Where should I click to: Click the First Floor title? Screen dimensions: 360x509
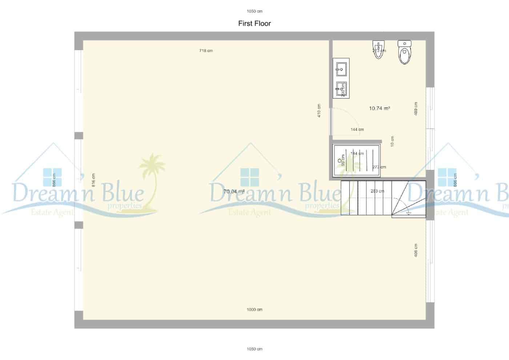[x=254, y=24]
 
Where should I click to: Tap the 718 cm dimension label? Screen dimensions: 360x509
[x=206, y=51]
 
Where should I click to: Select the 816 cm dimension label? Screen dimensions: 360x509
[x=93, y=180]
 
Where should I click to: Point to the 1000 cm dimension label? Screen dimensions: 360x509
[x=254, y=309]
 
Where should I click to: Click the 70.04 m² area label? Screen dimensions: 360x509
[x=234, y=192]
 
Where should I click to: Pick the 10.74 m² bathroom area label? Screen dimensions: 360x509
[x=379, y=108]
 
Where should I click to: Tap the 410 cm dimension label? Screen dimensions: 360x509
[x=319, y=111]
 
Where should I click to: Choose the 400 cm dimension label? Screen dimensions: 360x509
[x=416, y=109]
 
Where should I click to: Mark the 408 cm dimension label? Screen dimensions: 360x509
[x=416, y=250]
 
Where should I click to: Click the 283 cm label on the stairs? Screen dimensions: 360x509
[x=377, y=191]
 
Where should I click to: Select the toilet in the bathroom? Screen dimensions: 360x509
[x=404, y=53]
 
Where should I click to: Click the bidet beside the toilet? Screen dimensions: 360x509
[x=378, y=49]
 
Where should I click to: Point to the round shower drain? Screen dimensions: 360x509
[x=340, y=160]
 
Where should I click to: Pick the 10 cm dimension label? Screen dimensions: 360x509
[x=392, y=141]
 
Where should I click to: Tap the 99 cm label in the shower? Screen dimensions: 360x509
[x=343, y=160]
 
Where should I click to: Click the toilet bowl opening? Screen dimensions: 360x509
[x=404, y=56]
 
